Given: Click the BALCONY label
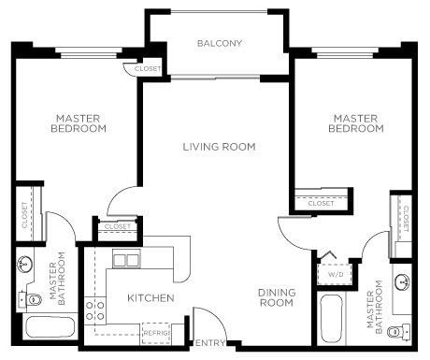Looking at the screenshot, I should click(x=220, y=44).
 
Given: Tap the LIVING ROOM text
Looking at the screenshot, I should click(x=219, y=147).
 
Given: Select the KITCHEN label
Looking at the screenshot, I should click(x=150, y=298).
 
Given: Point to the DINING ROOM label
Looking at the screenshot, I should click(x=277, y=298).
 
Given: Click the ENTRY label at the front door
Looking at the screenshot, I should click(x=208, y=343).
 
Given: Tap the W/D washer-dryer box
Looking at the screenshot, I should click(x=334, y=275).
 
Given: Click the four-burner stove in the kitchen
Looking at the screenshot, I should click(x=94, y=311).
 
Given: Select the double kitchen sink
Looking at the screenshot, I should click(x=126, y=260).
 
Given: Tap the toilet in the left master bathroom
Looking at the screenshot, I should click(x=23, y=298).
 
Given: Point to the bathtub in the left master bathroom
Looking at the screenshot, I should click(x=48, y=327).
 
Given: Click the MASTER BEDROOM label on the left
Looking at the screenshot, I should click(x=78, y=123).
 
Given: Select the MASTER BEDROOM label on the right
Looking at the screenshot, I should click(x=355, y=123).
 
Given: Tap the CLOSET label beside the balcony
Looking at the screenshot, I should click(x=147, y=69).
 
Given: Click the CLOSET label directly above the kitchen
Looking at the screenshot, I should click(x=118, y=226).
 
